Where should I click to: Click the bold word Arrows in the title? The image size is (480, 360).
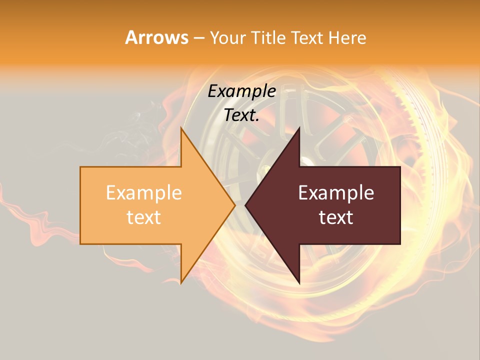157,37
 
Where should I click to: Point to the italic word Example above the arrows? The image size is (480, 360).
241,91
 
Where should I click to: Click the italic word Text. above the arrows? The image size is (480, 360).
241,115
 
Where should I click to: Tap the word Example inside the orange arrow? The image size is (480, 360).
143,193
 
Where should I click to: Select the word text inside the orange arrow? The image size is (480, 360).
143,217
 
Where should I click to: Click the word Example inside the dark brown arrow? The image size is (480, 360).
336,193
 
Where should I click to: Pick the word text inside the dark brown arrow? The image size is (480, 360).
336,217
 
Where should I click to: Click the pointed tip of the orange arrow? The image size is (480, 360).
235,205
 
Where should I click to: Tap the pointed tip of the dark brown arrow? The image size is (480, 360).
245,205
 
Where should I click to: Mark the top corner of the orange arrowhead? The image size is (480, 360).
181,127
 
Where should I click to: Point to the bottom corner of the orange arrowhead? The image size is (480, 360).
181,283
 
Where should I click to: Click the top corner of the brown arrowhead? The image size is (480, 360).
299,127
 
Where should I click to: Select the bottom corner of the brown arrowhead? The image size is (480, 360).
299,283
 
